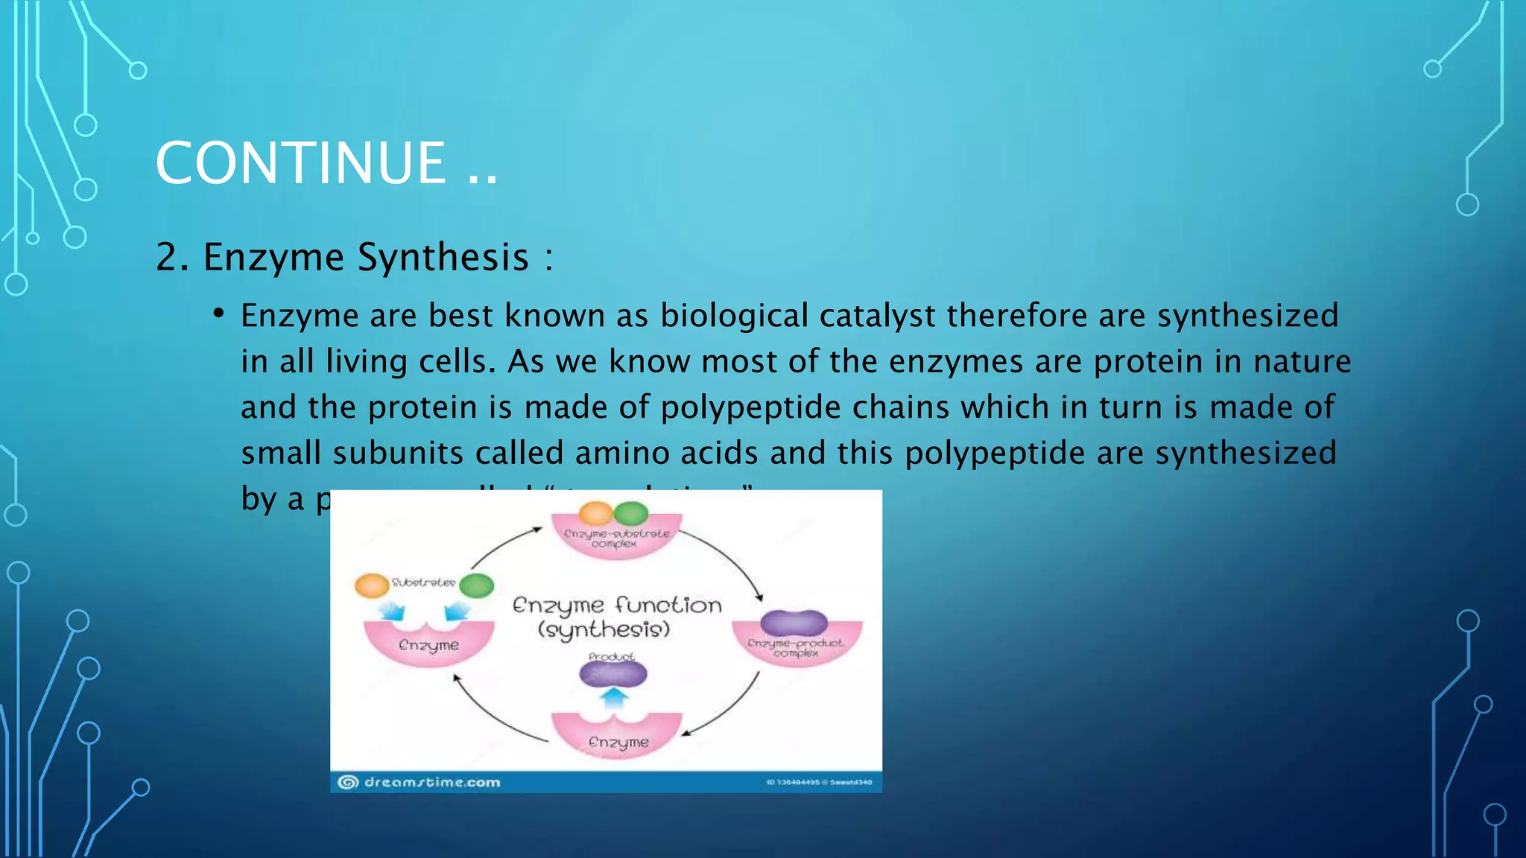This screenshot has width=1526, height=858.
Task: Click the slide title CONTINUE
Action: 301,163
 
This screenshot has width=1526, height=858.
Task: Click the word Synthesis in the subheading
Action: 443,258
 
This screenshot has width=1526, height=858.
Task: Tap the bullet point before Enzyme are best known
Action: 218,314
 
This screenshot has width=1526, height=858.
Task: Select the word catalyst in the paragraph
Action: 877,316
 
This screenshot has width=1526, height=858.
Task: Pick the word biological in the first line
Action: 734,316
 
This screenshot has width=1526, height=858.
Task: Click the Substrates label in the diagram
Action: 423,582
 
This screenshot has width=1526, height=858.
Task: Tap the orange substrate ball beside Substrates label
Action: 371,585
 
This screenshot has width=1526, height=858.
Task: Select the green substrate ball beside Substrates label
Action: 477,585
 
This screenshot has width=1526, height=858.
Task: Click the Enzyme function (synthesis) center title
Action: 616,617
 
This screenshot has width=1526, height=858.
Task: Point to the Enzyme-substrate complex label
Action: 616,538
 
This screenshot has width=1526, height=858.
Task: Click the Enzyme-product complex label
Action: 796,647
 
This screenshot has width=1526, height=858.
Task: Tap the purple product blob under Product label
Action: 613,675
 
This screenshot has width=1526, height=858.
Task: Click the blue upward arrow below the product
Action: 614,699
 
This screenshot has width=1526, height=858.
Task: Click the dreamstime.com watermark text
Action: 431,782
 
